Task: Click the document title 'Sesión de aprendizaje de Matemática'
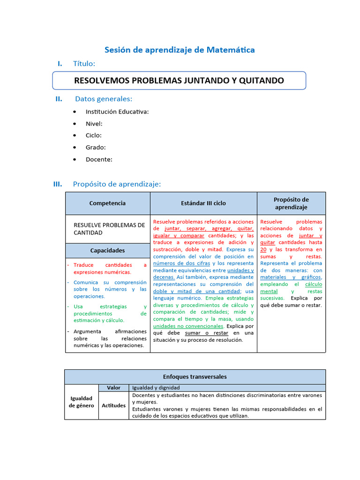[179, 50]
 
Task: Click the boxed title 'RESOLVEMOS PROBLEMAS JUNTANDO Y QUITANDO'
[179, 80]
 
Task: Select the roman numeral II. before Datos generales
[59, 99]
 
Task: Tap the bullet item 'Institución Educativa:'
[117, 112]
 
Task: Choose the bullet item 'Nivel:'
[94, 124]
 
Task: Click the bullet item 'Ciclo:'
[94, 135]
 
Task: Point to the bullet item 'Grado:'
[95, 147]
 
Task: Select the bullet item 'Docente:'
[99, 159]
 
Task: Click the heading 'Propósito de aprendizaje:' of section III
[117, 184]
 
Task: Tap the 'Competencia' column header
[107, 203]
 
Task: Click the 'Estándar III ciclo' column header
[203, 203]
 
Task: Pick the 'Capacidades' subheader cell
[107, 250]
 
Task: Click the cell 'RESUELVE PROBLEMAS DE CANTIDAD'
[109, 229]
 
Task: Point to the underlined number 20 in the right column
[264, 249]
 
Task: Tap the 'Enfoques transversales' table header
[195, 377]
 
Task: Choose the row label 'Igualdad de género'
[82, 402]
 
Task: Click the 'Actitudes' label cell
[113, 405]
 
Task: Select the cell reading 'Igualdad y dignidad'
[156, 388]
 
